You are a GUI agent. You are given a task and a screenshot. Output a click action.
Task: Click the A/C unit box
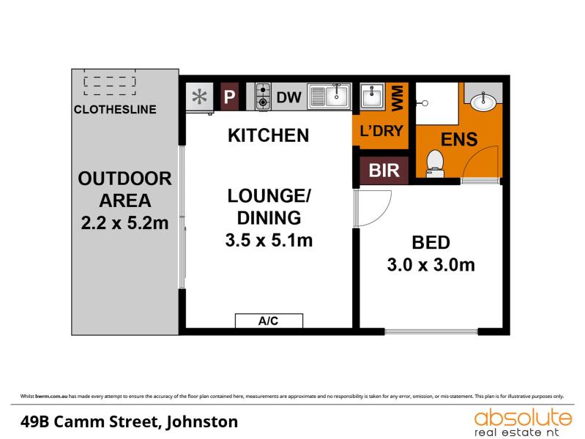click(x=269, y=320)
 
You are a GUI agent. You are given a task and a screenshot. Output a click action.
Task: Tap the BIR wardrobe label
click(x=384, y=170)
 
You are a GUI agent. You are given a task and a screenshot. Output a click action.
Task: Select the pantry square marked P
click(x=229, y=97)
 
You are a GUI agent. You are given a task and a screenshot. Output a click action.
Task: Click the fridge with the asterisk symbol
click(x=200, y=97)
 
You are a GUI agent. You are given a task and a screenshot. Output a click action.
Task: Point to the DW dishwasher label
click(x=288, y=97)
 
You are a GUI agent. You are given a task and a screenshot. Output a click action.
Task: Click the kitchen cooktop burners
click(x=263, y=97)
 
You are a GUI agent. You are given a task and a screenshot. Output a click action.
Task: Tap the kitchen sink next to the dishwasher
click(x=329, y=97)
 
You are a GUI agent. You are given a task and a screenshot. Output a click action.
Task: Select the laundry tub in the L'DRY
click(x=372, y=97)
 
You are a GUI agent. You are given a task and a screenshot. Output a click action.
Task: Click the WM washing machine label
click(x=398, y=98)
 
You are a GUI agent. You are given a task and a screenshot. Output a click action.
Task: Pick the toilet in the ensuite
click(x=435, y=164)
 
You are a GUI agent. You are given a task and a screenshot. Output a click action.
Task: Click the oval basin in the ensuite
click(x=483, y=102)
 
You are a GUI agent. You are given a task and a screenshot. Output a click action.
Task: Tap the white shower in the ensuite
click(x=437, y=104)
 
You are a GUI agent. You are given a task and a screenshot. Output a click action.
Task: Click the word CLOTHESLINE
click(x=115, y=109)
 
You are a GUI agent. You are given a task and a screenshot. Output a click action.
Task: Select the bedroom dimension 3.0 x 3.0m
click(x=431, y=265)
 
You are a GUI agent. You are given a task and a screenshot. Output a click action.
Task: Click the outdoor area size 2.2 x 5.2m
click(x=124, y=223)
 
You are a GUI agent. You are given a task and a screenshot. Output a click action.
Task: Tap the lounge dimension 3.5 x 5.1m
click(x=269, y=240)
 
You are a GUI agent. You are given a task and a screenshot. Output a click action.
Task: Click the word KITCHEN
click(x=268, y=135)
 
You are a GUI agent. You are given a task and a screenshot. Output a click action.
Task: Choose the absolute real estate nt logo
click(x=522, y=422)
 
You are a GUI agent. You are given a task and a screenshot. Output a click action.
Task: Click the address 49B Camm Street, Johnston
click(x=129, y=422)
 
